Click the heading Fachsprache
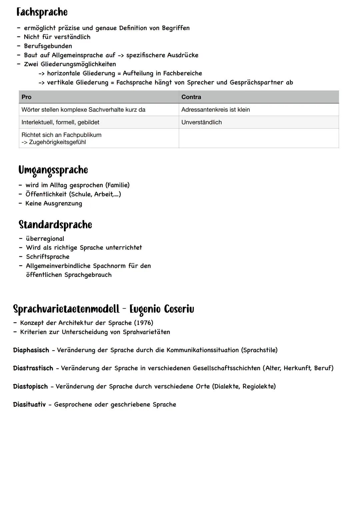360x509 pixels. pyautogui.click(x=42, y=12)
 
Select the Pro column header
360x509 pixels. pyautogui.click(x=26, y=97)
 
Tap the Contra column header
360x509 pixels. pyautogui.click(x=191, y=97)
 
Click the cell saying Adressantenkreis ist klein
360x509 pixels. pyautogui.click(x=215, y=110)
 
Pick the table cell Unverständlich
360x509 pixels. pyautogui.click(x=201, y=122)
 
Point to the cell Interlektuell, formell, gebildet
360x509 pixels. pyautogui.click(x=60, y=122)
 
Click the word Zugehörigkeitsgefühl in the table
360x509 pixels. pyautogui.click(x=57, y=142)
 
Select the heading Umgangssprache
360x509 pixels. pyautogui.click(x=53, y=170)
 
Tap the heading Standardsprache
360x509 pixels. pyautogui.click(x=55, y=225)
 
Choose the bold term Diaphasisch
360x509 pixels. pyautogui.click(x=31, y=350)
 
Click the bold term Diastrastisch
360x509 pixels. pyautogui.click(x=33, y=368)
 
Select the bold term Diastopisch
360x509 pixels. pyautogui.click(x=30, y=387)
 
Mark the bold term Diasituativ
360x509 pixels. pyautogui.click(x=29, y=405)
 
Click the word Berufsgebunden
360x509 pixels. pyautogui.click(x=48, y=46)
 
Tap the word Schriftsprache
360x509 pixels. pyautogui.click(x=48, y=257)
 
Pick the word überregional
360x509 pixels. pyautogui.click(x=45, y=239)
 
